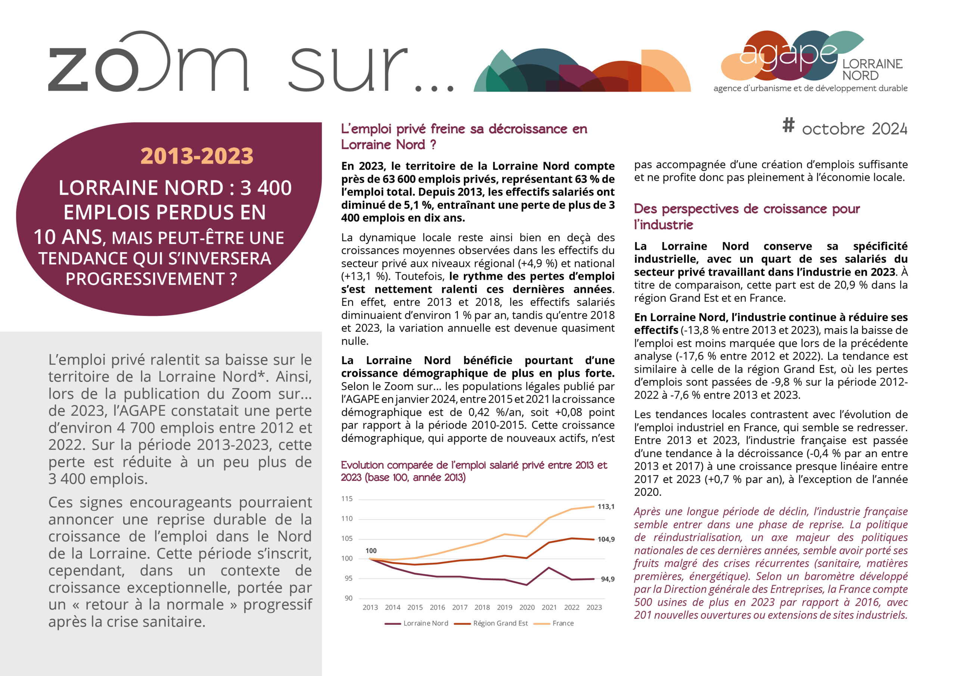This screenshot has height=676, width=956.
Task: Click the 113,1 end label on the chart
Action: pyautogui.click(x=606, y=507)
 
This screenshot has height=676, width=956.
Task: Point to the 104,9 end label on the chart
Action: pyautogui.click(x=606, y=539)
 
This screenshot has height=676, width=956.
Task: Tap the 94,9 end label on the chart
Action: pyautogui.click(x=608, y=579)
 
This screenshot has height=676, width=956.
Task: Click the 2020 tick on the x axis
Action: pyautogui.click(x=527, y=608)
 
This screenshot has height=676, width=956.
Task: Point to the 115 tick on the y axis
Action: pyautogui.click(x=347, y=499)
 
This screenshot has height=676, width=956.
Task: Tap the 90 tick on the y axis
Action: pyautogui.click(x=348, y=598)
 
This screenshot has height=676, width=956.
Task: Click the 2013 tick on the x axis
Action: pyautogui.click(x=370, y=608)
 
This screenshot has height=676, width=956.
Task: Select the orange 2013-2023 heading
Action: pyautogui.click(x=196, y=156)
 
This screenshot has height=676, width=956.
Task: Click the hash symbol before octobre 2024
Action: pyautogui.click(x=788, y=125)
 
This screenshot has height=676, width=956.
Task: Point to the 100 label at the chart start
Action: pyautogui.click(x=371, y=551)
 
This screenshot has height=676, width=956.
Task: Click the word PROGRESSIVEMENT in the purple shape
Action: pyautogui.click(x=145, y=279)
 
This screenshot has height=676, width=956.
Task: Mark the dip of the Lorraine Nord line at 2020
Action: pyautogui.click(x=527, y=585)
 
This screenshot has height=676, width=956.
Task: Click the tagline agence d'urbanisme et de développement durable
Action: pyautogui.click(x=810, y=88)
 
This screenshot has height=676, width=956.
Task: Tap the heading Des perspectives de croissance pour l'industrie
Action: pyautogui.click(x=747, y=217)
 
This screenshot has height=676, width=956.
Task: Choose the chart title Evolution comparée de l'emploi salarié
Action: pyautogui.click(x=474, y=471)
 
